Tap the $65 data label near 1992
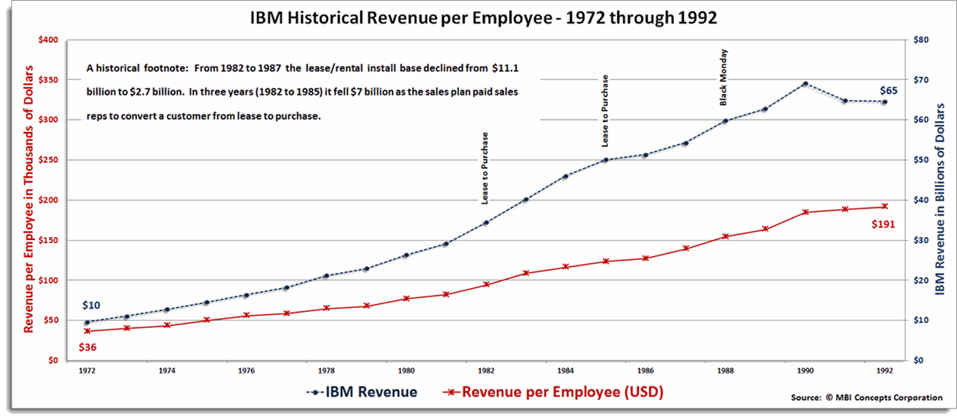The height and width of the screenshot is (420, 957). (888, 90)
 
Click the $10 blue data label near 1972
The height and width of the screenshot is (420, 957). (91, 306)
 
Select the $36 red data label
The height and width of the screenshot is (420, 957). (88, 348)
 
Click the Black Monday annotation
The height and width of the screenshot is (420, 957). (724, 77)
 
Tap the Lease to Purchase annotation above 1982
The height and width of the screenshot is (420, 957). (485, 168)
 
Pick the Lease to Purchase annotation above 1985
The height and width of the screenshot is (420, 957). (605, 111)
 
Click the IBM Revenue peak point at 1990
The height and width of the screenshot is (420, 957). (804, 84)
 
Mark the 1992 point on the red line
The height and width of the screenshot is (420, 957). (885, 207)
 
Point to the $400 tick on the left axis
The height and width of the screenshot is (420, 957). (48, 40)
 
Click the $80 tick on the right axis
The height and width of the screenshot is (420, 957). (920, 40)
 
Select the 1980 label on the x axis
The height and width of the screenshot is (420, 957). (406, 371)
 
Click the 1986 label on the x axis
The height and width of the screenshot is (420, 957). (645, 371)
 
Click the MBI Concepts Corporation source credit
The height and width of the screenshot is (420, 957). (866, 398)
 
